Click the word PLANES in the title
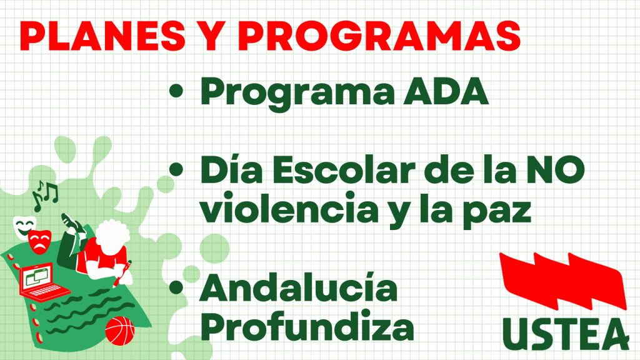pyautogui.click(x=102, y=36)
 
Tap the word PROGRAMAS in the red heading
pyautogui.click(x=379, y=36)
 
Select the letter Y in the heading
pyautogui.click(x=211, y=36)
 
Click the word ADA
pyautogui.click(x=446, y=91)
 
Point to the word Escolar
pyautogui.click(x=344, y=170)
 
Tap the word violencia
pyautogui.click(x=289, y=208)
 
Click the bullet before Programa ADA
pyautogui.click(x=176, y=91)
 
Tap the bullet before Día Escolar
pyautogui.click(x=176, y=169)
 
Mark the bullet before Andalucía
pyautogui.click(x=176, y=287)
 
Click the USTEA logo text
pyautogui.click(x=566, y=334)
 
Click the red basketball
pyautogui.click(x=119, y=331)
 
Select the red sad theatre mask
pyautogui.click(x=39, y=242)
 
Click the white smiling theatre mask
pyautogui.click(x=24, y=226)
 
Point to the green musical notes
pyautogui.click(x=44, y=196)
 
